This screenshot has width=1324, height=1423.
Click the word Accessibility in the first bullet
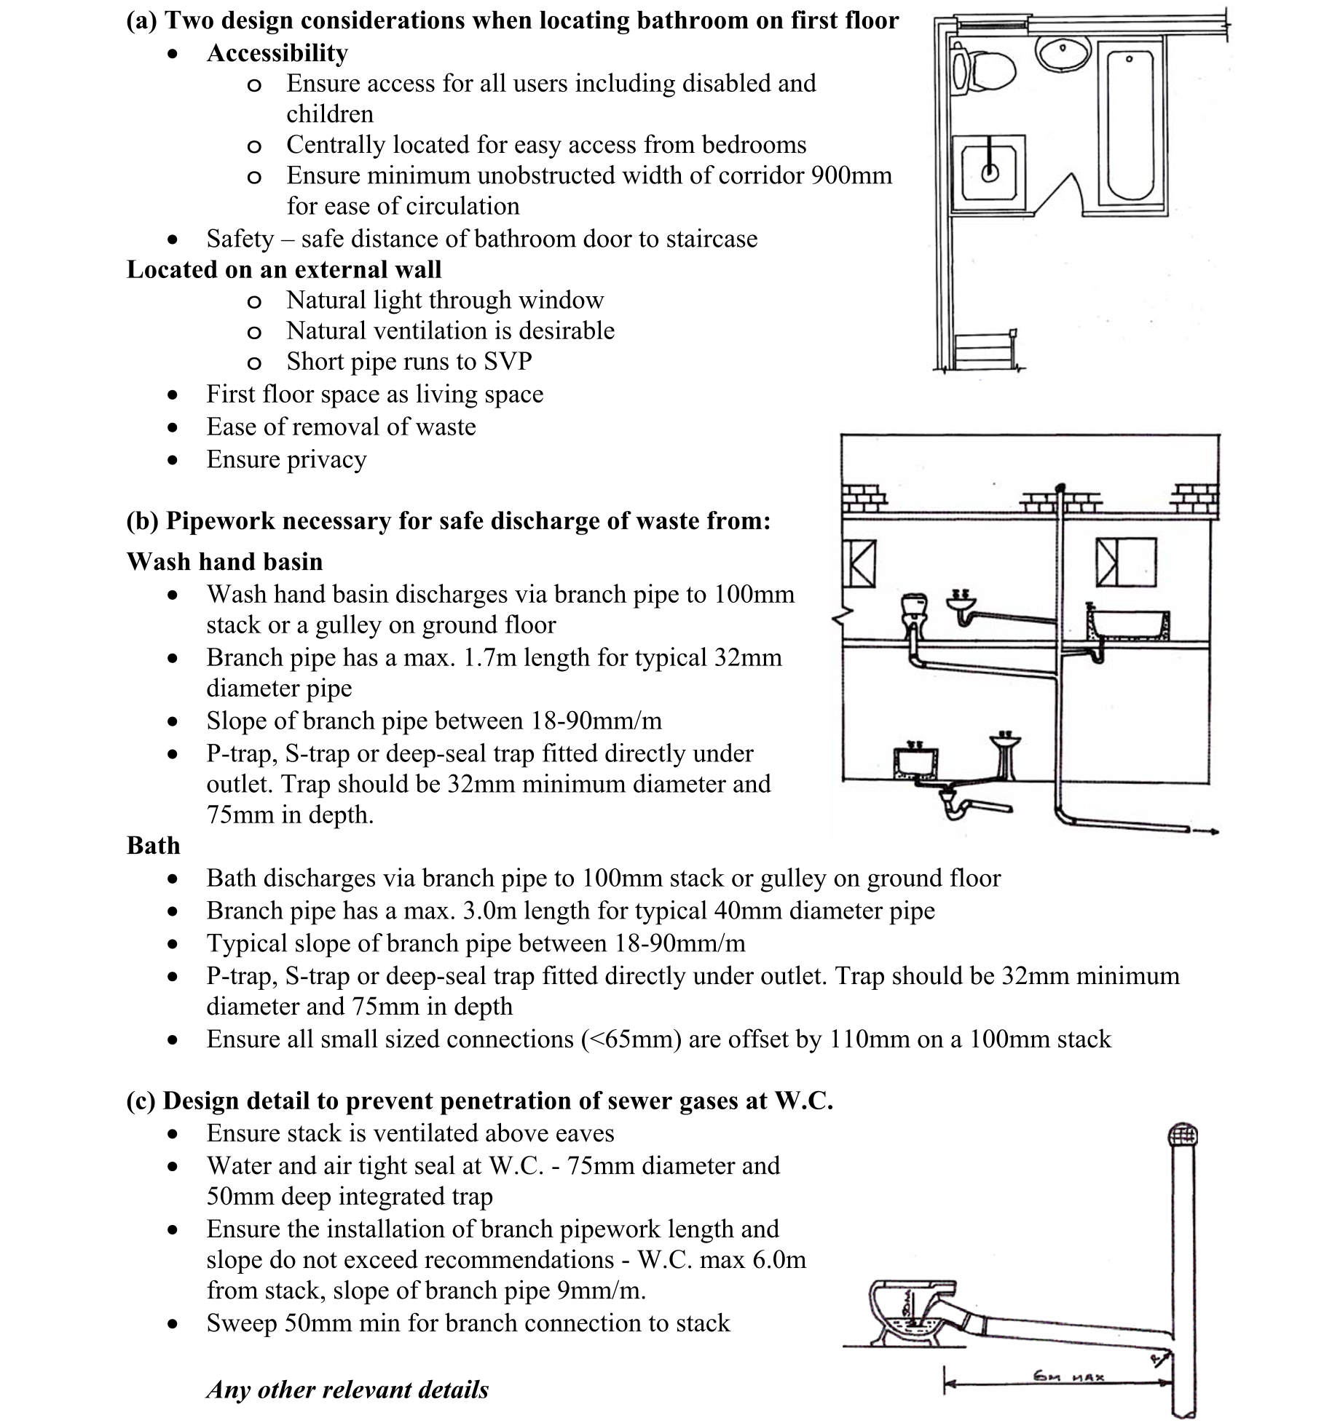tap(277, 53)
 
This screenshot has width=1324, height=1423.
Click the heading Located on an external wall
tap(284, 270)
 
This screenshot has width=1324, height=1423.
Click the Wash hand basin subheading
tap(224, 561)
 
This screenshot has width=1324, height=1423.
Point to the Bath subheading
tap(153, 845)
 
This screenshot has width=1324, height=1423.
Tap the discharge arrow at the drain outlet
tap(1205, 831)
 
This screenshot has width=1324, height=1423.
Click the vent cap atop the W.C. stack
tap(1182, 1136)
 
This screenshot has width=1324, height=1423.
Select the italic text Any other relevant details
tap(347, 1390)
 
